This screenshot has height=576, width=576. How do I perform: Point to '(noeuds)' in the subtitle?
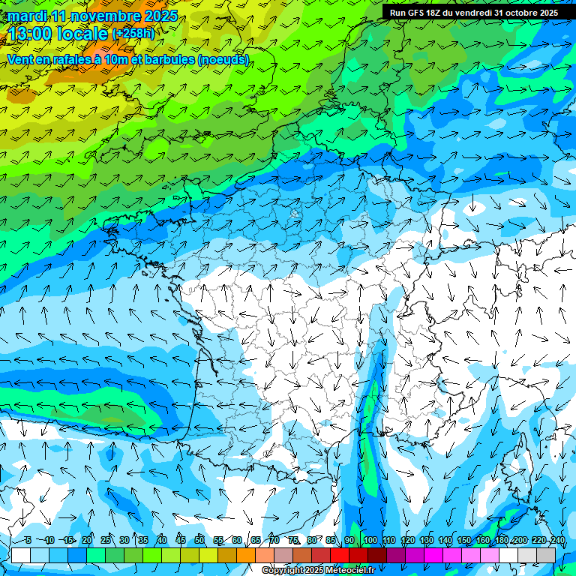223,59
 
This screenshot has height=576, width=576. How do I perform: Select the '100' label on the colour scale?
370,540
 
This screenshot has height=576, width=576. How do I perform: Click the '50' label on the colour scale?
199,540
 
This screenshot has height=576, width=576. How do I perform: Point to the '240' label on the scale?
558,540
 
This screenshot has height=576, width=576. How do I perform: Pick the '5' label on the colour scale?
28,540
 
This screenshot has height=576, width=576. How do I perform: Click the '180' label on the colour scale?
502,540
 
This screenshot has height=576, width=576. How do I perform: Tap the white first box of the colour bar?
21,555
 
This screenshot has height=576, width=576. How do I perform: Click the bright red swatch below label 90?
340,555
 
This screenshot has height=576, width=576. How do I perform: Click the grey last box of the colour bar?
546,555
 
